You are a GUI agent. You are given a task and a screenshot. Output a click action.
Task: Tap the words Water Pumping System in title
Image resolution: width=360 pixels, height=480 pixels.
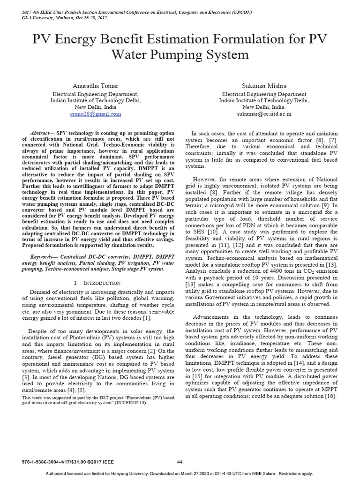(180, 55)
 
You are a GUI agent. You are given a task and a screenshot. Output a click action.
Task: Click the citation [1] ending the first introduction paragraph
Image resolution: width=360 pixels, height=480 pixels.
(147, 319)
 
